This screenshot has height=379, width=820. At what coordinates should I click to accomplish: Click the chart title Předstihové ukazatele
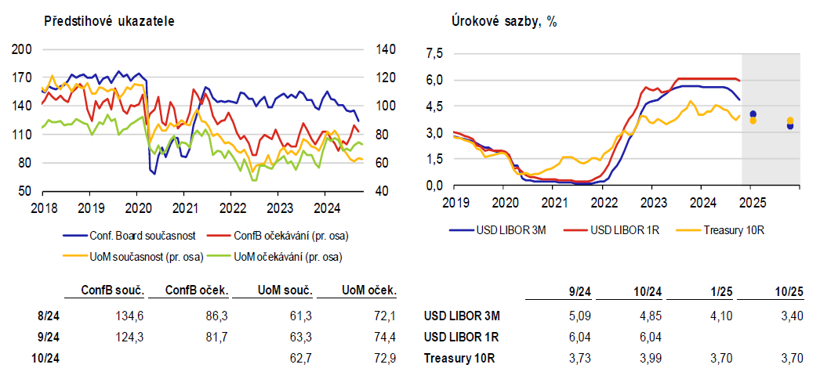(109, 20)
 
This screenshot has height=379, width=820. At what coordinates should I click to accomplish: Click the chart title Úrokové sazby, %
(504, 20)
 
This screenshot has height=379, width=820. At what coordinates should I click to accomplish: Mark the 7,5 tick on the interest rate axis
(434, 53)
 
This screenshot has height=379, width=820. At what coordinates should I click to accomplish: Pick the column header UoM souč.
(285, 291)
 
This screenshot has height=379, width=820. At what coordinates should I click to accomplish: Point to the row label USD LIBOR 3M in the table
(462, 316)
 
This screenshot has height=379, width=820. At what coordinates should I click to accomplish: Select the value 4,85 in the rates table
(648, 316)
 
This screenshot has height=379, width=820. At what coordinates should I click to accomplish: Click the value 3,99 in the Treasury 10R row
(648, 358)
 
